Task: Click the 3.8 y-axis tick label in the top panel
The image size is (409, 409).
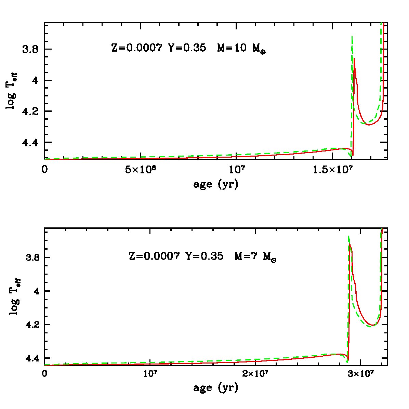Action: click(30, 49)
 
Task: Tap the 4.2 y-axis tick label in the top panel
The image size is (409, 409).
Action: click(30, 111)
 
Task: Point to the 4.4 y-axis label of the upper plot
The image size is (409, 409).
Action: click(30, 142)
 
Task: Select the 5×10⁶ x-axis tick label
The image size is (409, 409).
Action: click(141, 170)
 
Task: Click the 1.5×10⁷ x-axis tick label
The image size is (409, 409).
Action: click(332, 170)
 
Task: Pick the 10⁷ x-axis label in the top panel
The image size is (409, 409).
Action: click(237, 170)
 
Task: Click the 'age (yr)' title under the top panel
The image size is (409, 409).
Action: click(216, 185)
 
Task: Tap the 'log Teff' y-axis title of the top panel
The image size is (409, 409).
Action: click(12, 91)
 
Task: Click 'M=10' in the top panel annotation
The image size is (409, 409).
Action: click(232, 48)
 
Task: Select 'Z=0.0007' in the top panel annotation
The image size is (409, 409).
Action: click(137, 48)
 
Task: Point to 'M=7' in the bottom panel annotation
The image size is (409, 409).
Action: click(246, 256)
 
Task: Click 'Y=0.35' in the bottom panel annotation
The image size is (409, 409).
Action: click(204, 256)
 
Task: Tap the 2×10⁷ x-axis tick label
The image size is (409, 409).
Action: click(255, 374)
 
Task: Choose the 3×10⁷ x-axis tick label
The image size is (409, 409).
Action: click(361, 374)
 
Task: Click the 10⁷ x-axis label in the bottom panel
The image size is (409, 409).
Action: click(150, 374)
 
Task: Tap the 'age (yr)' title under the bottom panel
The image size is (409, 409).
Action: click(216, 388)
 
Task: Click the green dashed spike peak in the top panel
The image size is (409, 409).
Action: click(352, 37)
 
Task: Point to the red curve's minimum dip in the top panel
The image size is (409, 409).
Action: click(353, 155)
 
